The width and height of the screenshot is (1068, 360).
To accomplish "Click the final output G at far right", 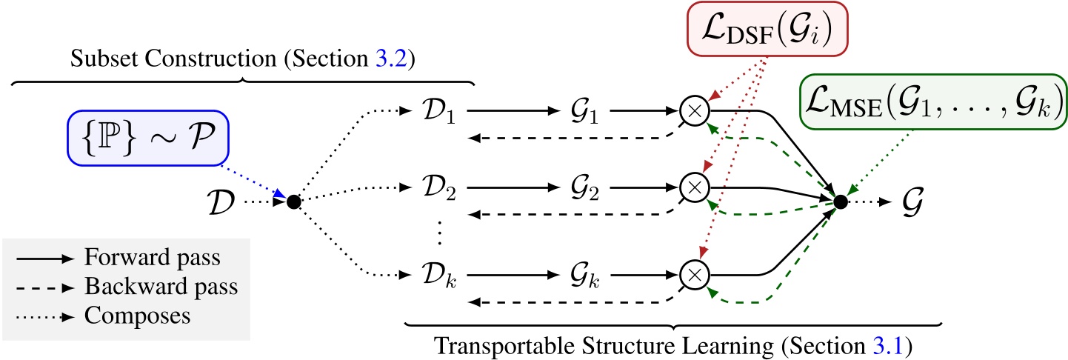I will [917, 201].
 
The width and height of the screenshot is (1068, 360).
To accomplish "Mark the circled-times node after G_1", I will [694, 111].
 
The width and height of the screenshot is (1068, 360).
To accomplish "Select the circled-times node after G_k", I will [694, 275].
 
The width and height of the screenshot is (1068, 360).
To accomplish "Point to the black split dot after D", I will [293, 201].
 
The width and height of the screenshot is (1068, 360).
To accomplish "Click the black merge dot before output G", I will [839, 201].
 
